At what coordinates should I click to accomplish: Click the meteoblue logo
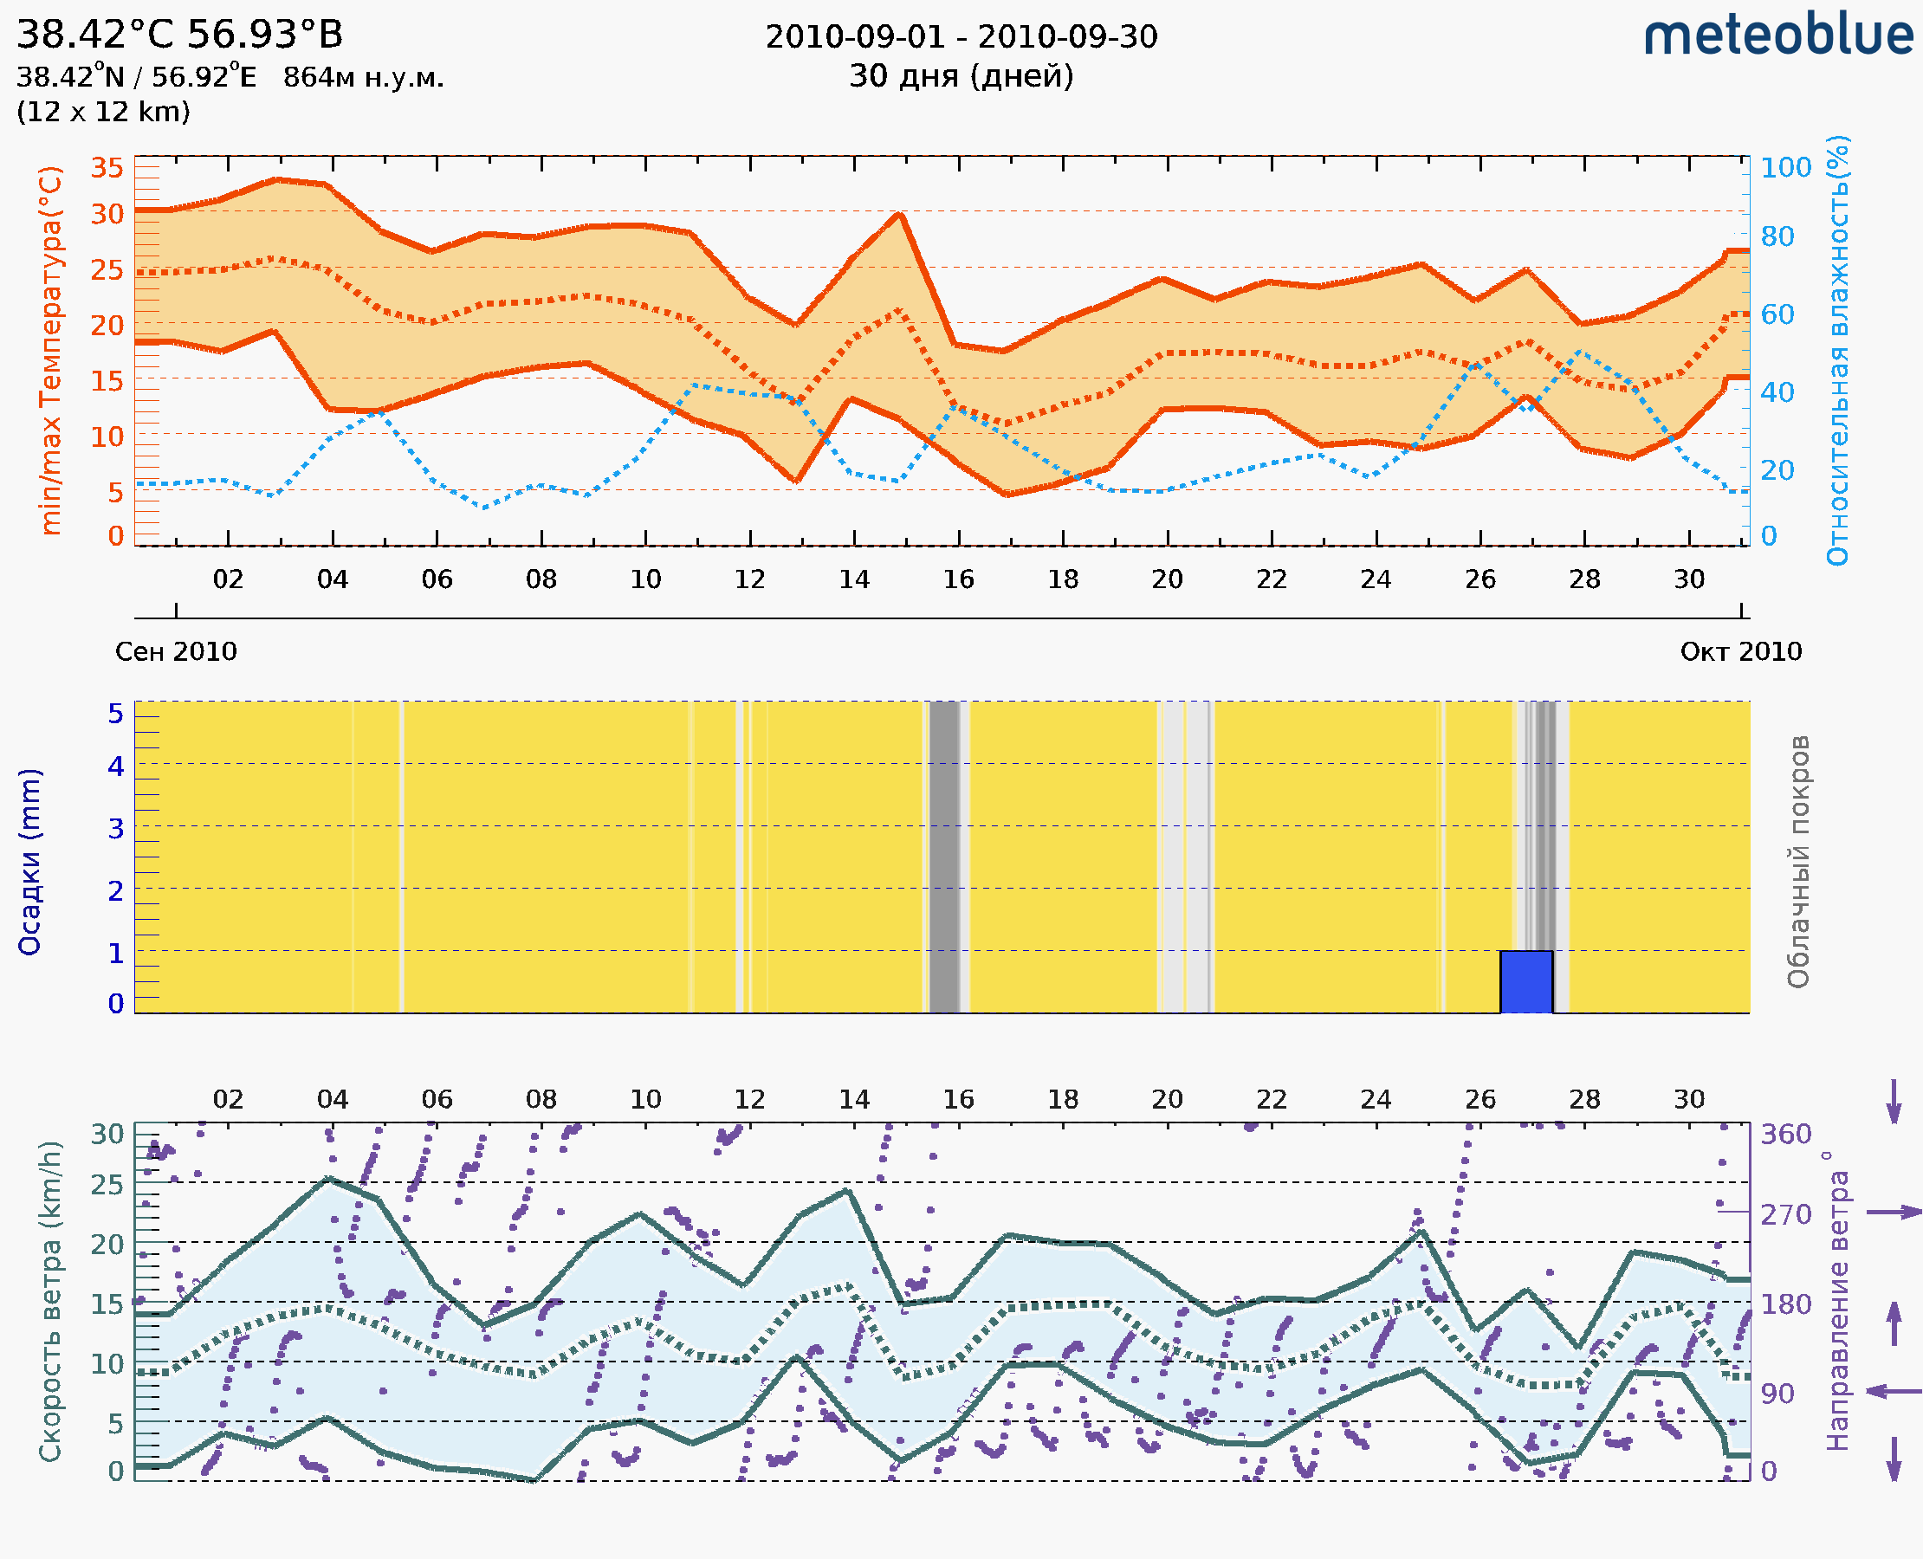(1777, 36)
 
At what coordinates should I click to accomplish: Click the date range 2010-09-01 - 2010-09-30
(961, 37)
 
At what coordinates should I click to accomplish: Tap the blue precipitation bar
(1526, 981)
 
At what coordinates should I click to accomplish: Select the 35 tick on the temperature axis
(107, 168)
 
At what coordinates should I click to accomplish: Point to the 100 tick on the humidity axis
(1784, 168)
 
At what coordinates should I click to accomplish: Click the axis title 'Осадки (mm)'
(29, 861)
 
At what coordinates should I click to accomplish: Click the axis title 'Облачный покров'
(1797, 861)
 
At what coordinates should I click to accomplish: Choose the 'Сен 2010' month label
(176, 651)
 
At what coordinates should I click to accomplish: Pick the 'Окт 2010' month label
(1741, 651)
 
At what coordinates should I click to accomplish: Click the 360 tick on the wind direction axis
(1785, 1135)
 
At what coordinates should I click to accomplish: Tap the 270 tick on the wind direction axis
(1785, 1214)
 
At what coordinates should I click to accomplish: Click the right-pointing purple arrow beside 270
(1893, 1213)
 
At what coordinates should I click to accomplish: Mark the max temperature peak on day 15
(899, 214)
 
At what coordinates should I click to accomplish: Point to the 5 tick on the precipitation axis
(116, 714)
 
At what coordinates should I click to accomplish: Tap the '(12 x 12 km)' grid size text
(103, 113)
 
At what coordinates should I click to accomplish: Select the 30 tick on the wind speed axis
(107, 1135)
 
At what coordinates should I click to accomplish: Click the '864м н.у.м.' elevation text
(363, 78)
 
